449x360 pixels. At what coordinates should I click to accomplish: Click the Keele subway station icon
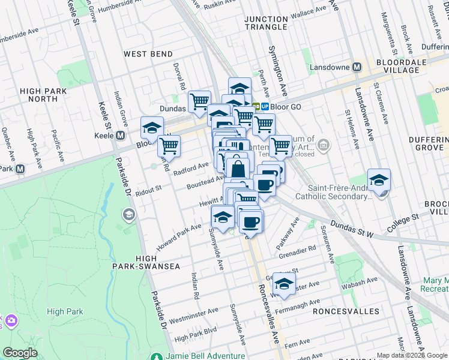tap(121, 136)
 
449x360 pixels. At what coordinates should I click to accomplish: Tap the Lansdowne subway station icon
tap(356, 67)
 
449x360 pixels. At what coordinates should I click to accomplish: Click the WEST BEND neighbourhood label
tap(144, 54)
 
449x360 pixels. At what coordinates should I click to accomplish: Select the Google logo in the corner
tap(20, 353)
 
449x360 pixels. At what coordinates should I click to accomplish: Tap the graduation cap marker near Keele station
tap(152, 128)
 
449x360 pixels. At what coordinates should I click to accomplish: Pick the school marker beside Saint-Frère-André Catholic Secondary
tap(379, 179)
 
